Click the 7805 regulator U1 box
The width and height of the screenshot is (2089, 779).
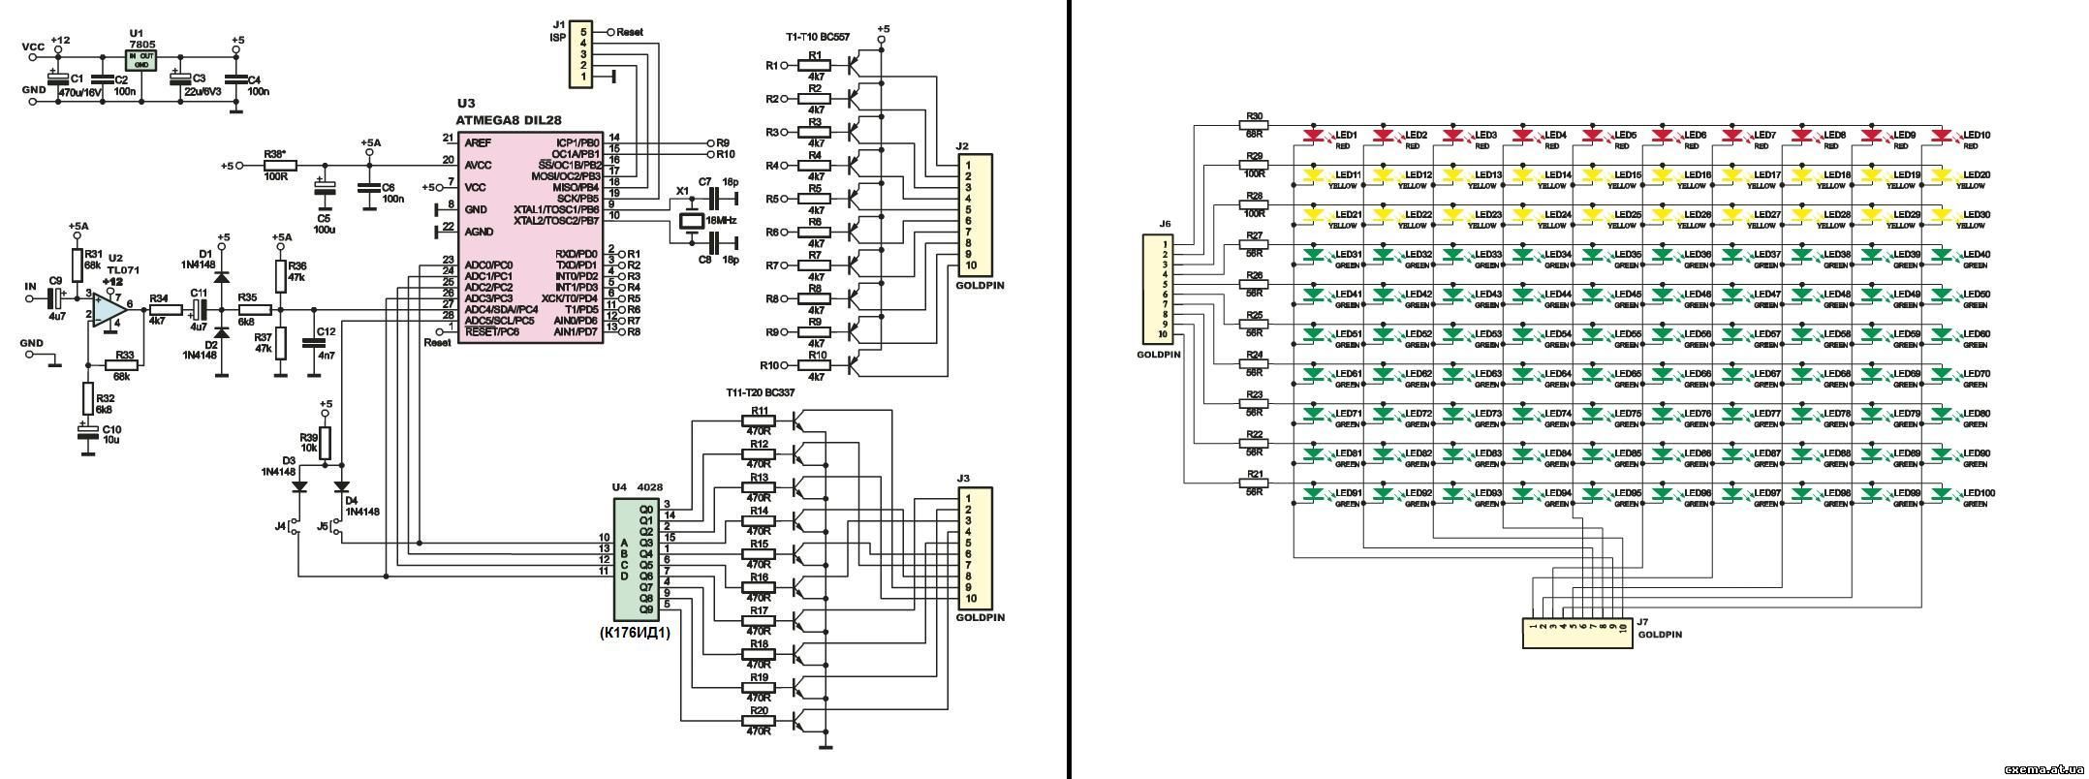point(141,60)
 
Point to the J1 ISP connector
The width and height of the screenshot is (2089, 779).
point(581,54)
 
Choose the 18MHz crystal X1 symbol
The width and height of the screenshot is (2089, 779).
point(690,222)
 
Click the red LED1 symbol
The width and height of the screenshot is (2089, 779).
point(1315,135)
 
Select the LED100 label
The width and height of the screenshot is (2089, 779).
point(1971,494)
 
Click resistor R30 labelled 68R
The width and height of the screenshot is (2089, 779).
point(1255,124)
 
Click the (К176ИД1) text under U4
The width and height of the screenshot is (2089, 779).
point(636,633)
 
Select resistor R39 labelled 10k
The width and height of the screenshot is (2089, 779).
point(326,443)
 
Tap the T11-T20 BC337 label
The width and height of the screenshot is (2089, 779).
point(768,392)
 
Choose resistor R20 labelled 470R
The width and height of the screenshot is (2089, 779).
point(759,720)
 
